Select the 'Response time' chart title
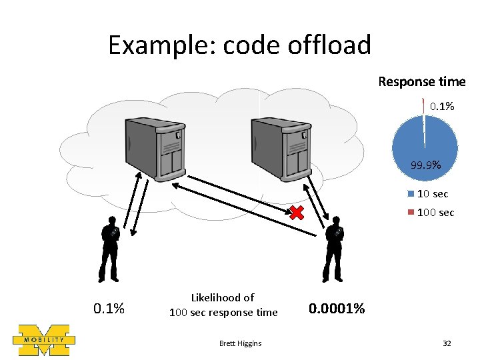(421, 81)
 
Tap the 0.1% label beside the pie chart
(441, 106)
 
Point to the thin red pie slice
(423, 105)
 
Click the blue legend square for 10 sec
(411, 194)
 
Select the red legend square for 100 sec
(411, 212)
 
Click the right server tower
(279, 147)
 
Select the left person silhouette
(109, 249)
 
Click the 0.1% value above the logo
(109, 309)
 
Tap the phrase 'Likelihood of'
(223, 297)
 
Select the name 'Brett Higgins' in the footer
(240, 343)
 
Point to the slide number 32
(447, 343)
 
